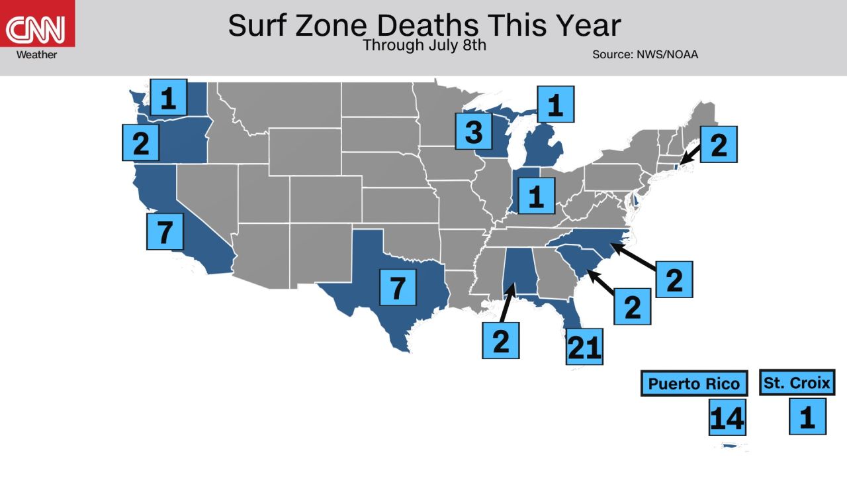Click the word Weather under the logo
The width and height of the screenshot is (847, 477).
[36, 55]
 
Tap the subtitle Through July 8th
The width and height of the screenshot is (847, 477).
[424, 46]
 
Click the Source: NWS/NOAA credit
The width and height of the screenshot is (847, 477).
[645, 54]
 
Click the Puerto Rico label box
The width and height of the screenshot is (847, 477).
[694, 384]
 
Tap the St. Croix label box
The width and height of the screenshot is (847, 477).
[797, 382]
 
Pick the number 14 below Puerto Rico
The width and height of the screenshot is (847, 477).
[727, 417]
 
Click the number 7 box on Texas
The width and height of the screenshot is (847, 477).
[398, 286]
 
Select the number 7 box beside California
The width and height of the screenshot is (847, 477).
[164, 231]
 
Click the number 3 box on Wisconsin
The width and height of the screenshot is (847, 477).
[474, 131]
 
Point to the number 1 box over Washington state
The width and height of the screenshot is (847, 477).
[168, 97]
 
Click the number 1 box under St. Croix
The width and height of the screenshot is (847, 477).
[807, 416]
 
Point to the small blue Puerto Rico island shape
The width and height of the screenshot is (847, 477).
[731, 446]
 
